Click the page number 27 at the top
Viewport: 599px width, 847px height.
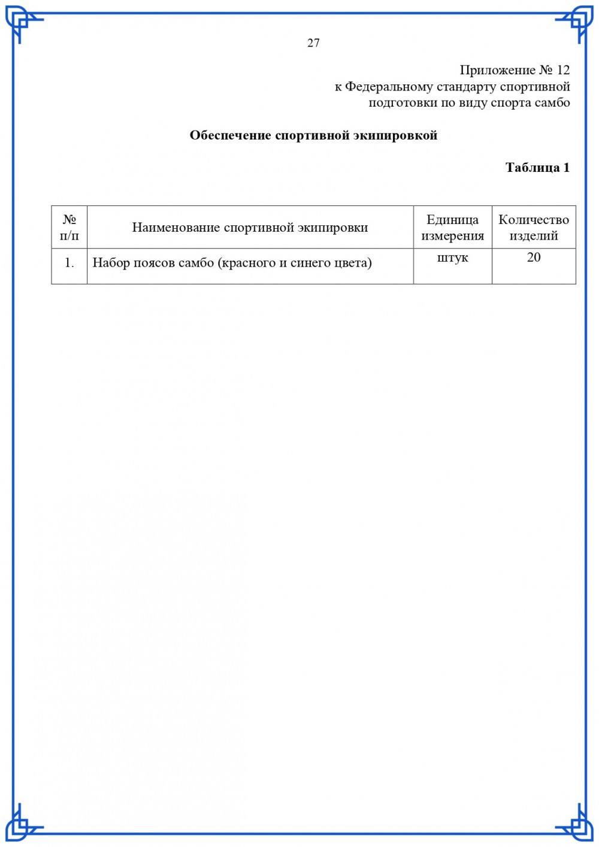pos(313,43)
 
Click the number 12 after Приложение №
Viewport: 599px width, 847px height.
pos(563,70)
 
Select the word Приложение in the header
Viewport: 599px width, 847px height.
pos(497,70)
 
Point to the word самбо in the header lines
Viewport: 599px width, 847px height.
pos(552,103)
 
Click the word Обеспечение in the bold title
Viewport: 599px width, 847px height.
pos(230,135)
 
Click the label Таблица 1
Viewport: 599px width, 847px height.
pos(537,168)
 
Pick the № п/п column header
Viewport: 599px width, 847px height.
pos(69,228)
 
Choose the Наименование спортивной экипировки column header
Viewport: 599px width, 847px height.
pos(250,228)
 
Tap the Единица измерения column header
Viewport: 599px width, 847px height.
pos(452,228)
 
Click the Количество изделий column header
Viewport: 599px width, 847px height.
pos(534,228)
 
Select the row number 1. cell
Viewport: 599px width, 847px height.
pos(69,263)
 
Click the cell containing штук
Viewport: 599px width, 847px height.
pos(452,258)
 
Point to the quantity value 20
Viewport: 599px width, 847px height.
pos(534,258)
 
